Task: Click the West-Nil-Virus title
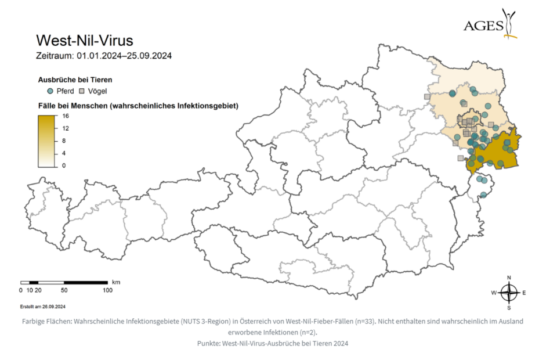[x=85, y=41]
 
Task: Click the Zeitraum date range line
[x=104, y=56]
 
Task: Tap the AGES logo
[x=491, y=24]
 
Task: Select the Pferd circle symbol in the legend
[x=50, y=91]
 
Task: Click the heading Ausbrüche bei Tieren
[x=75, y=80]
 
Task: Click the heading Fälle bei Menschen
[x=138, y=106]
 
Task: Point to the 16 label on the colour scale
[x=66, y=116]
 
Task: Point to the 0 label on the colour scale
[x=64, y=165]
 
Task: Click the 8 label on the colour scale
[x=64, y=141]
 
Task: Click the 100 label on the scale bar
[x=107, y=290]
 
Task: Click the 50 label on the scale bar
[x=64, y=290]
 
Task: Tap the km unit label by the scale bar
[x=116, y=282]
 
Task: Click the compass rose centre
[x=509, y=292]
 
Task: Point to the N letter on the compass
[x=509, y=277]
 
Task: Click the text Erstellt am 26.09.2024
[x=43, y=306]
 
